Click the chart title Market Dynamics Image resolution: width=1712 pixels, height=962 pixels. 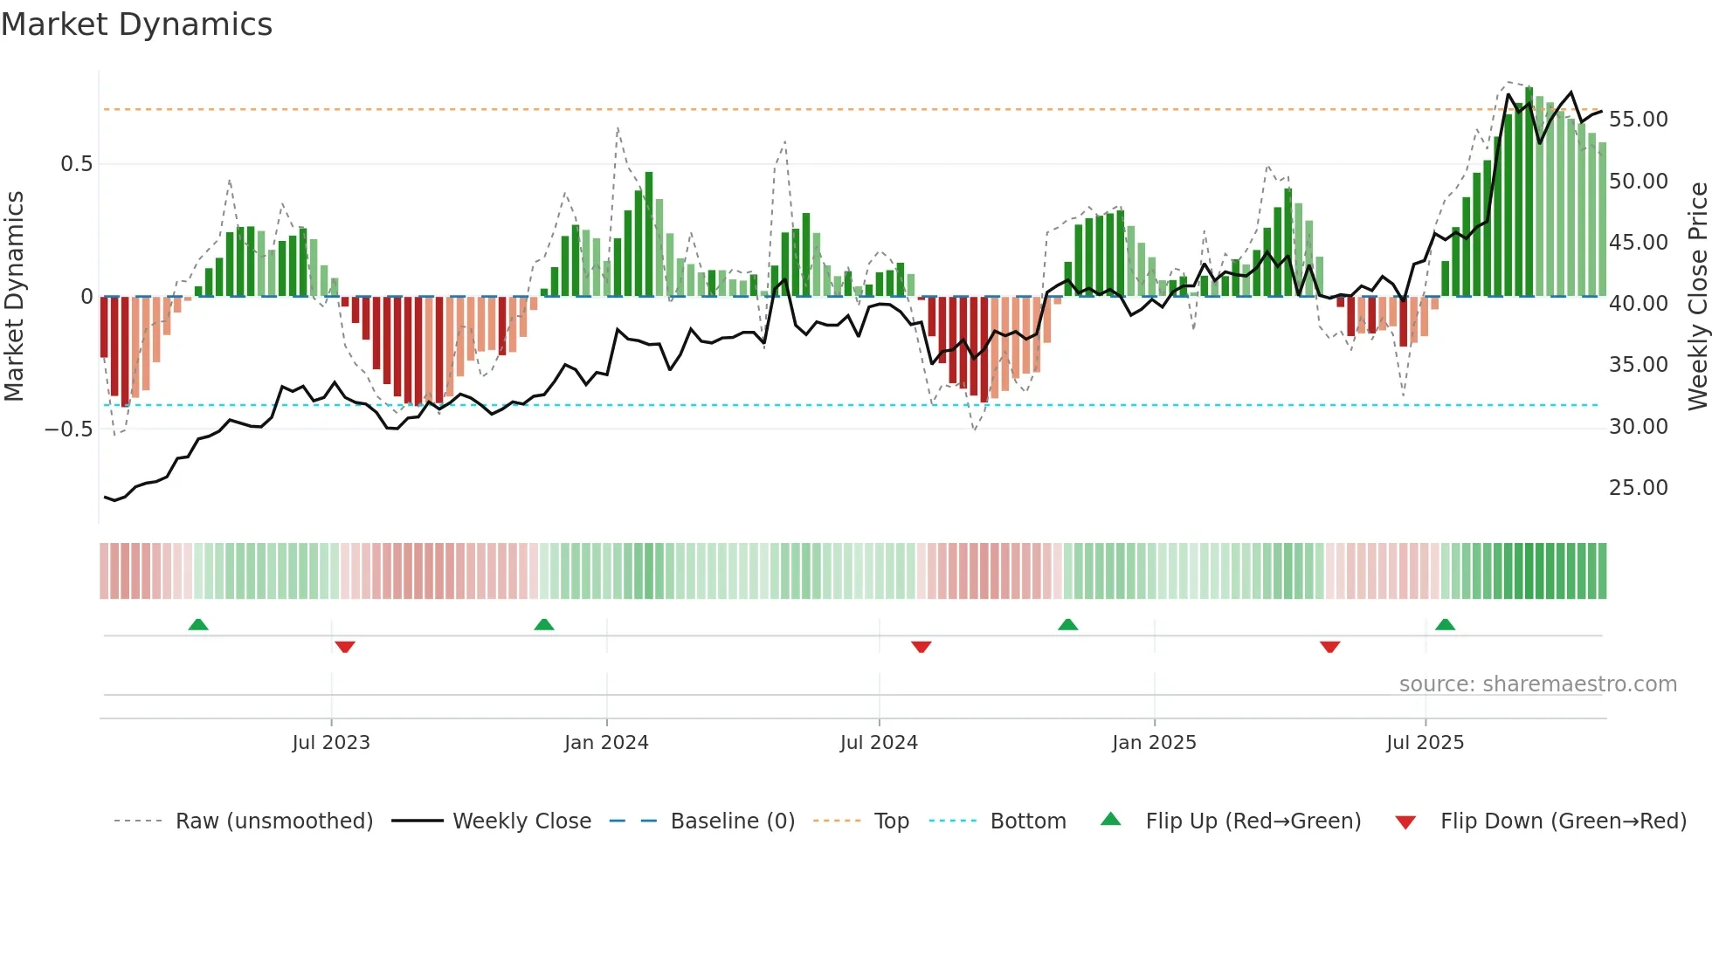(x=137, y=24)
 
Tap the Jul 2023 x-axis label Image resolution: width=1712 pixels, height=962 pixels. (x=331, y=743)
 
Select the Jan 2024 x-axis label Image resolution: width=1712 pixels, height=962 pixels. (x=606, y=743)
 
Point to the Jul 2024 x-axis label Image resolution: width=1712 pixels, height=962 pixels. (x=879, y=743)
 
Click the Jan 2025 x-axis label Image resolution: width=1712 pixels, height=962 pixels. (x=1154, y=743)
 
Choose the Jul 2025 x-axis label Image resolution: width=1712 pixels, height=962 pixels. (x=1425, y=743)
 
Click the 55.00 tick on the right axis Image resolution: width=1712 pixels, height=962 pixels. (x=1638, y=120)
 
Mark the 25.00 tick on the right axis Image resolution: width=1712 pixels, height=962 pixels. (x=1638, y=488)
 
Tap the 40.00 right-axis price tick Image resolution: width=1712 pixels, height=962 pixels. (x=1638, y=304)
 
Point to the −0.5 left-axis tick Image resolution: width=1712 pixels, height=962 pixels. (x=68, y=429)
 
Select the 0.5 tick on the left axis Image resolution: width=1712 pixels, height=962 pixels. (x=76, y=164)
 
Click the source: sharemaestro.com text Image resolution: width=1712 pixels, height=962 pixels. (x=1537, y=684)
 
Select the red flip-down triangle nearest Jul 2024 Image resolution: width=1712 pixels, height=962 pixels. (x=922, y=647)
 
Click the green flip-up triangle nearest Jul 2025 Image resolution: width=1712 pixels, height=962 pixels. (x=1445, y=624)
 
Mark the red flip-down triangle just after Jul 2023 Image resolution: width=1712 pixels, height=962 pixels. (x=345, y=647)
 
